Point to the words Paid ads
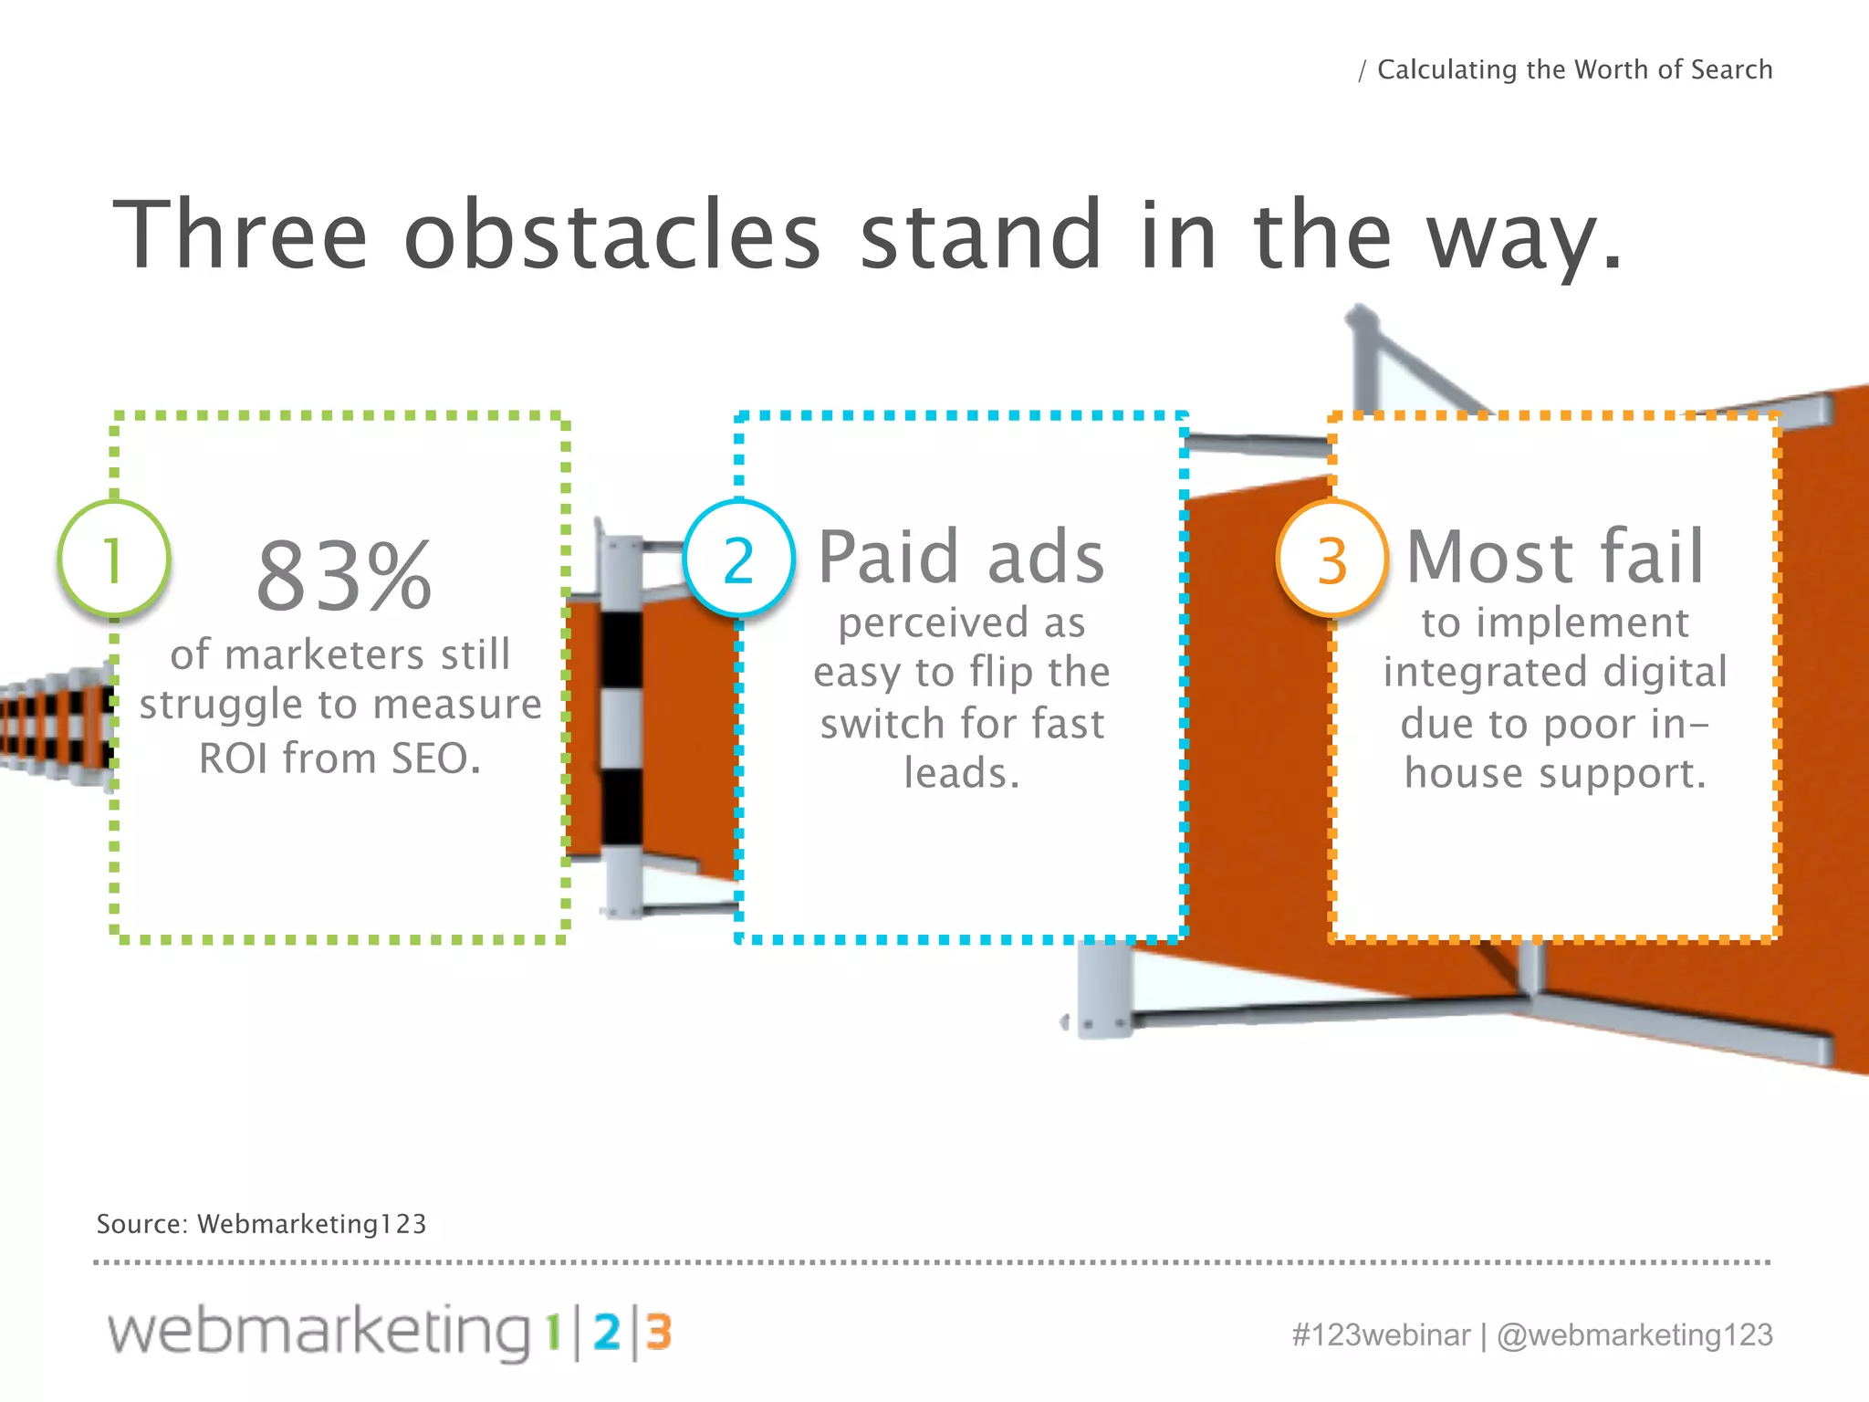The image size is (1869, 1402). [x=961, y=557]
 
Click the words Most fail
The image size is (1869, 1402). [x=1555, y=557]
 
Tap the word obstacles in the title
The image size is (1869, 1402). [x=611, y=235]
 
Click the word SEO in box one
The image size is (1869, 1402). [x=434, y=758]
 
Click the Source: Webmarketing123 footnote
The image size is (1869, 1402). [x=261, y=1224]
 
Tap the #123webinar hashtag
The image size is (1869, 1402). [x=1381, y=1334]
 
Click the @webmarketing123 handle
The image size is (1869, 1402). [x=1634, y=1334]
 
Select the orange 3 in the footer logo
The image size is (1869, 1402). [x=659, y=1333]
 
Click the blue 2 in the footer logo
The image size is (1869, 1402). [x=607, y=1333]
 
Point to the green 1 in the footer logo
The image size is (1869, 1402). [x=552, y=1333]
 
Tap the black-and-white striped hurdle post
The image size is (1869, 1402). [x=621, y=721]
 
